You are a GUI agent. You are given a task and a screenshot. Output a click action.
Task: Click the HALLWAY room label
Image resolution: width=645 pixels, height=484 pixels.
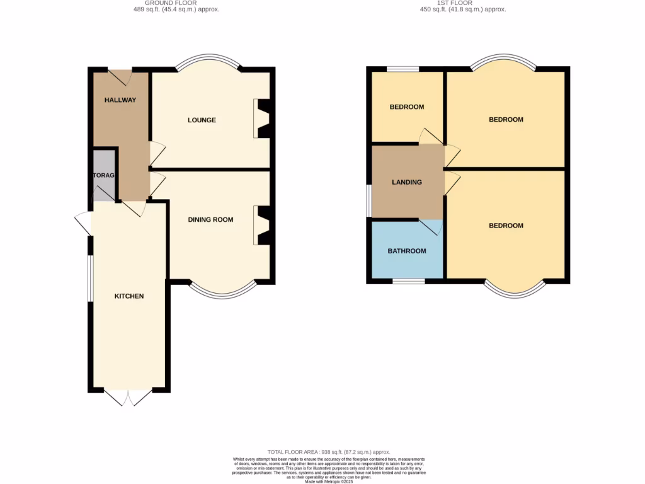[120, 100]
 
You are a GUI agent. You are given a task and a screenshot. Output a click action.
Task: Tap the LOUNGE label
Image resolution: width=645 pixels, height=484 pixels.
[202, 120]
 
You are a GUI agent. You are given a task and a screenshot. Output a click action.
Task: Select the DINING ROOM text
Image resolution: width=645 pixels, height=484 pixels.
[210, 220]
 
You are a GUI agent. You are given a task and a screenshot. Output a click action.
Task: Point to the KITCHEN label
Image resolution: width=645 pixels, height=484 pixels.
[129, 296]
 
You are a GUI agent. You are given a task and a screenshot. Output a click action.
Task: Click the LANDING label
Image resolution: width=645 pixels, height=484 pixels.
[407, 182]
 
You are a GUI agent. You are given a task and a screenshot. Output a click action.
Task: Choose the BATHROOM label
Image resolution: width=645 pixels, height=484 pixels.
[406, 251]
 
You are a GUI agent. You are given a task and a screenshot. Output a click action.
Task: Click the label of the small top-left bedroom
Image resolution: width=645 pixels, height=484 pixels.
[406, 107]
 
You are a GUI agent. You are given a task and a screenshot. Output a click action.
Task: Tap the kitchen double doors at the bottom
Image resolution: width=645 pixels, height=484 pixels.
[128, 397]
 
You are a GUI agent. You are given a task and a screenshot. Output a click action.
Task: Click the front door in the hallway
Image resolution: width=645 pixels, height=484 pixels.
[120, 77]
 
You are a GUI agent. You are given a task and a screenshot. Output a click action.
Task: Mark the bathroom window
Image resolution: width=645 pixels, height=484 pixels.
[408, 280]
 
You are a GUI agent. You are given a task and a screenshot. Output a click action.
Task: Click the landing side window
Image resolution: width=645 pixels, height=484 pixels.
[369, 201]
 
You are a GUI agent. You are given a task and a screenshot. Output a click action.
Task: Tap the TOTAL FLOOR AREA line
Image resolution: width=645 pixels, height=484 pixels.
[329, 452]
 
